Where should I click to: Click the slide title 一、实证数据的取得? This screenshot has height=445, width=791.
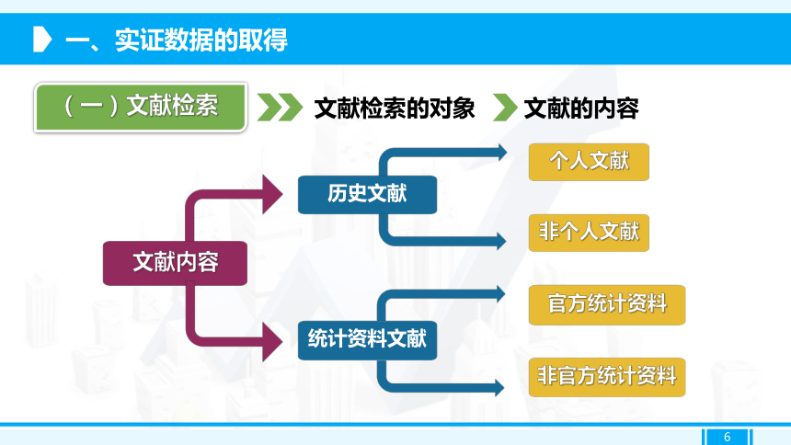click(x=176, y=40)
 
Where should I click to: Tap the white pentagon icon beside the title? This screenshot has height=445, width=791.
click(x=42, y=40)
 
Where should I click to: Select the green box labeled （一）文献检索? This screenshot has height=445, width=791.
click(x=141, y=108)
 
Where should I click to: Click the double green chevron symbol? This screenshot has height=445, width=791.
click(x=280, y=107)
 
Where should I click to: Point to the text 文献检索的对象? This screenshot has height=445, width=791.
click(x=395, y=108)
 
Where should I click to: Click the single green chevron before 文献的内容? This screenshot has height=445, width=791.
click(x=505, y=107)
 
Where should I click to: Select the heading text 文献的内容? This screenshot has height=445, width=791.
click(x=581, y=108)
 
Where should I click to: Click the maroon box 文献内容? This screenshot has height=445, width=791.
click(x=175, y=263)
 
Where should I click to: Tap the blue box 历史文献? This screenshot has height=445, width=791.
click(x=367, y=194)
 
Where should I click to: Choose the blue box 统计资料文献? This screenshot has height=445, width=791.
click(x=367, y=339)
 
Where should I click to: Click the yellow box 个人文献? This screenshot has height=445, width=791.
click(x=589, y=162)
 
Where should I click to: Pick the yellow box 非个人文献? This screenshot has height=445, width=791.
click(x=589, y=233)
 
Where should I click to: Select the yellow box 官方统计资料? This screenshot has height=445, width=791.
click(x=607, y=304)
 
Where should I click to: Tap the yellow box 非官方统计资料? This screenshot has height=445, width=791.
click(x=607, y=377)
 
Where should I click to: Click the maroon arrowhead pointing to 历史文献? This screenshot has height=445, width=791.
click(x=273, y=194)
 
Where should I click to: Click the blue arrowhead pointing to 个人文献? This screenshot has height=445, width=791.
click(x=502, y=153)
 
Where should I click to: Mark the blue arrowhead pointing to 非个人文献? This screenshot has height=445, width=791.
click(x=501, y=241)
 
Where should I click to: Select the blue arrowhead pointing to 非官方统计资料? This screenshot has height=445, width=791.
click(x=500, y=388)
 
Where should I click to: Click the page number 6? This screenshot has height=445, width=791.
click(x=727, y=437)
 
